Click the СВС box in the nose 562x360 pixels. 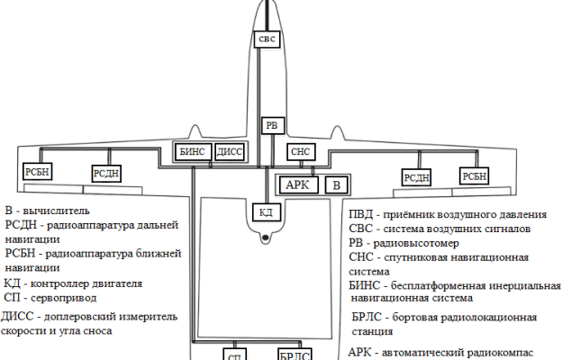(267, 40)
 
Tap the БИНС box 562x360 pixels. (192, 152)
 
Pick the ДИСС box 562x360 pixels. (230, 152)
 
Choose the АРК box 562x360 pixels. (297, 184)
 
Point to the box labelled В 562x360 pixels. (336, 184)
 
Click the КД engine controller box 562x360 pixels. (265, 212)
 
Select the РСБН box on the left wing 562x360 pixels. (39, 171)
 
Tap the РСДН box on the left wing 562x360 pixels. (105, 173)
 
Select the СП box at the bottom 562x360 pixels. (235, 355)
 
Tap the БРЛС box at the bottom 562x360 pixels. (295, 355)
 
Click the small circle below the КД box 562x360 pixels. (265, 238)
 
